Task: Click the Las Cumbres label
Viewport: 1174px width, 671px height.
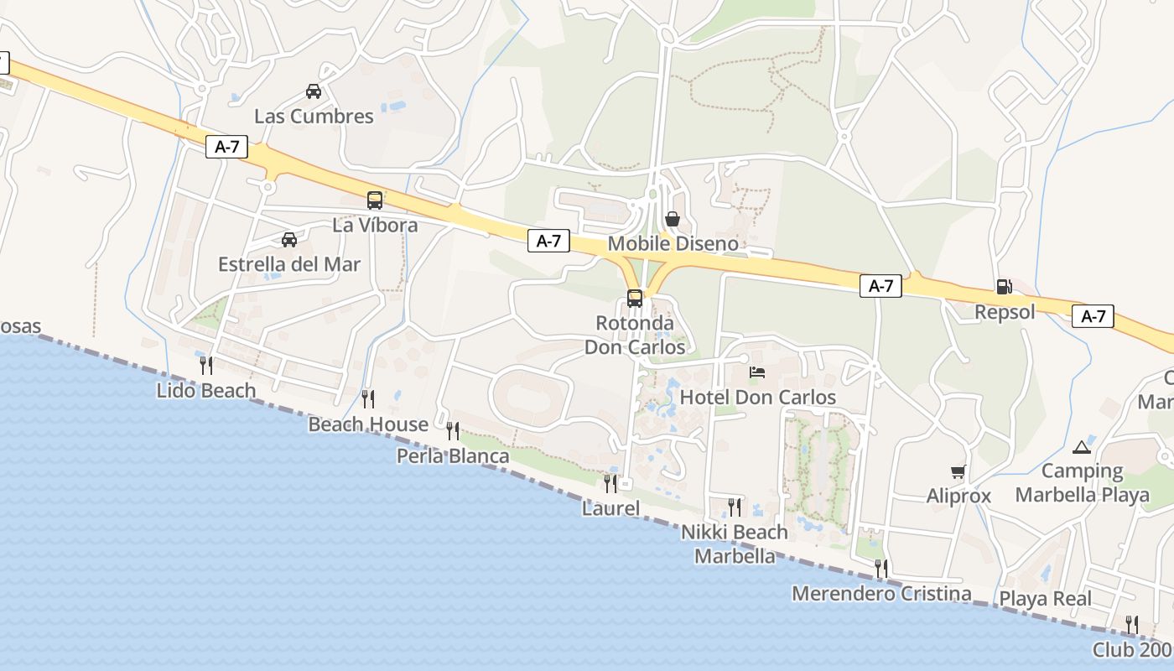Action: (x=314, y=116)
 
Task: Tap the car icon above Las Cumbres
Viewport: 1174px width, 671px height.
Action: (x=313, y=91)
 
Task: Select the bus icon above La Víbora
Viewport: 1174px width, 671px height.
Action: (x=375, y=200)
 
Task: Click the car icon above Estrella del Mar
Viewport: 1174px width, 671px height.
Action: (x=289, y=239)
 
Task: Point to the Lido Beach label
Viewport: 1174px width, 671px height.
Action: (x=206, y=390)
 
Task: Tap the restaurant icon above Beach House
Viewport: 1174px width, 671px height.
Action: (x=367, y=398)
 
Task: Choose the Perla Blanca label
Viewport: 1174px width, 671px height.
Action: (x=453, y=456)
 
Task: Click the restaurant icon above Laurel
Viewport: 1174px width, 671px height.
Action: (x=610, y=483)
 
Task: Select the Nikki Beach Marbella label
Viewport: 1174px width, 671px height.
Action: (x=735, y=544)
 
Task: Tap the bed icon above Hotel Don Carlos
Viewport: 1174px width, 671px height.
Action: (x=757, y=372)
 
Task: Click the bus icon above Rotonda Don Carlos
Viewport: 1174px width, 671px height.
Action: (x=635, y=298)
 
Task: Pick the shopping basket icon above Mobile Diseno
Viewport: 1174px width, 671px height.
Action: (x=673, y=219)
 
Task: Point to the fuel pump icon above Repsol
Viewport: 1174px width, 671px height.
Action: (x=1004, y=287)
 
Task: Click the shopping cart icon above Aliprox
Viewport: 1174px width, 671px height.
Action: (x=958, y=471)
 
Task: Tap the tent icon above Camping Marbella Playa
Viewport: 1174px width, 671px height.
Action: (x=1082, y=447)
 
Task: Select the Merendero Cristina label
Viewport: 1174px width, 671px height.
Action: (x=881, y=594)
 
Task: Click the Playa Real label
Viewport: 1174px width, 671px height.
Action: (x=1045, y=599)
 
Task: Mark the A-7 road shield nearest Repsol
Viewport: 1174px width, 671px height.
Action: (x=1093, y=316)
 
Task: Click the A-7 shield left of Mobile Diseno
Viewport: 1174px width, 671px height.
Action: (x=548, y=241)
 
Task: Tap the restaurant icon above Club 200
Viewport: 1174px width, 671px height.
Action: (x=1132, y=624)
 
